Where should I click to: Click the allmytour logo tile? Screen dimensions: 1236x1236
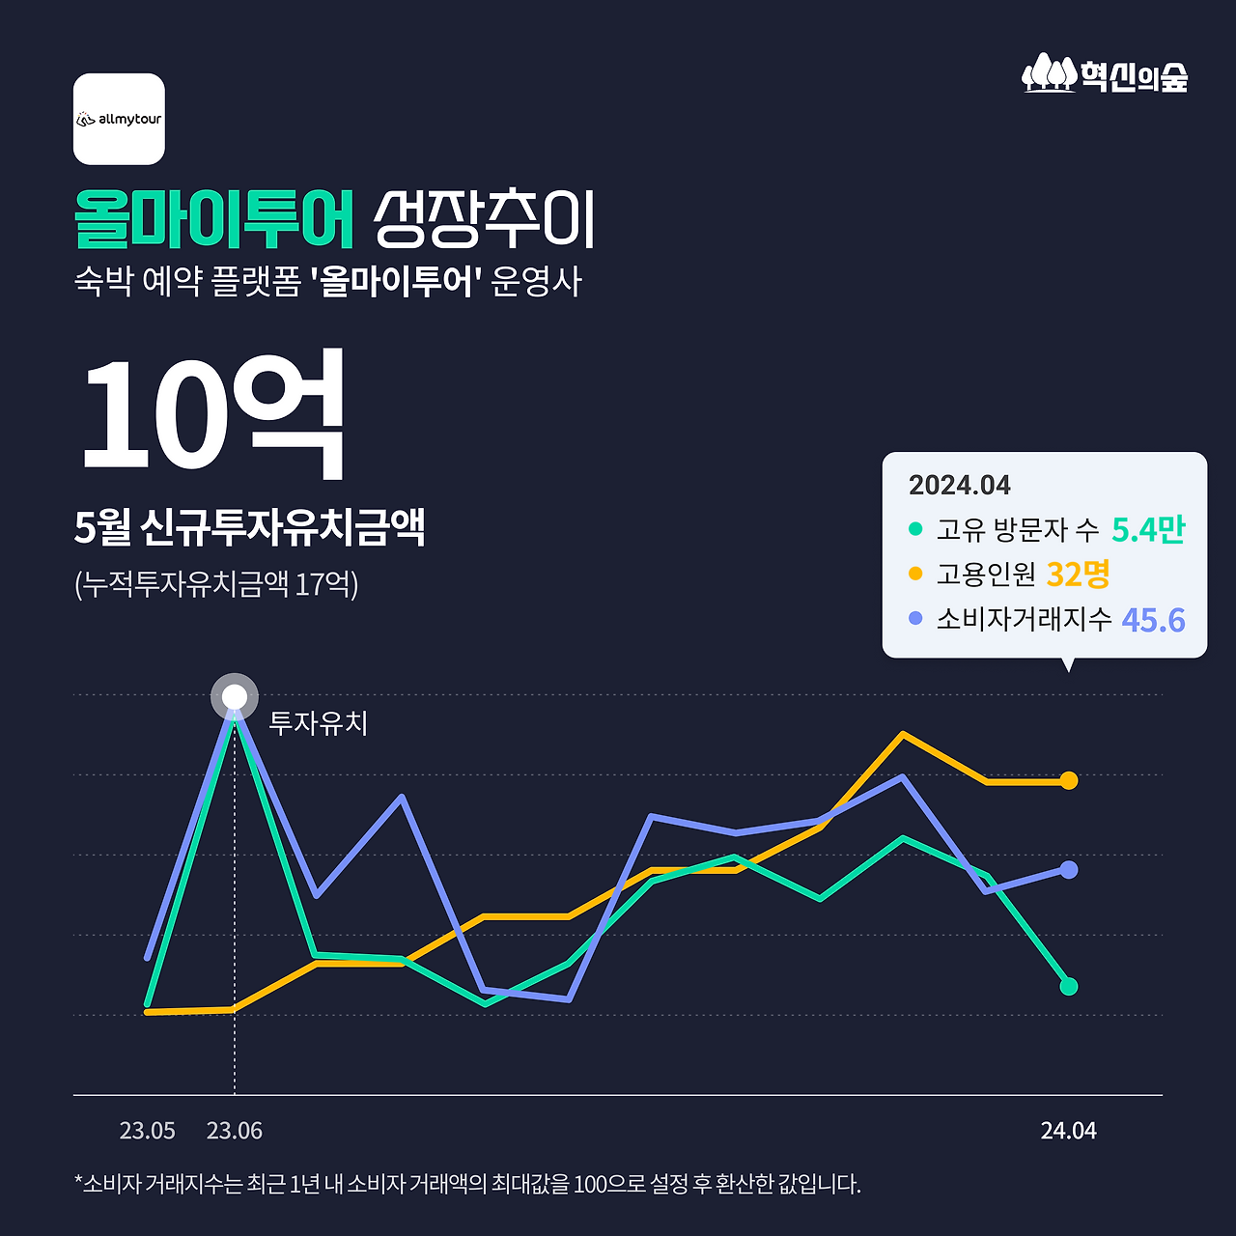(x=119, y=119)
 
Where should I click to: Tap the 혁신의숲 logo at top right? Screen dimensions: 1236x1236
(x=1105, y=74)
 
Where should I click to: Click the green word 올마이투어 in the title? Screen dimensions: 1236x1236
(x=215, y=219)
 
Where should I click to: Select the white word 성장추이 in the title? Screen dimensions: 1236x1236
(x=484, y=219)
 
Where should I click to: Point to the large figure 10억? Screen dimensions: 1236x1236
(x=212, y=413)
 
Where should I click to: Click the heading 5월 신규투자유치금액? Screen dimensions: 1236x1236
(x=249, y=527)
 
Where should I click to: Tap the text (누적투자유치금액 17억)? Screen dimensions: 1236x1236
(x=216, y=584)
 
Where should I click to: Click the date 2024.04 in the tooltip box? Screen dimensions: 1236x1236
(x=959, y=485)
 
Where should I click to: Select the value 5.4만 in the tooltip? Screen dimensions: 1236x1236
(x=1148, y=529)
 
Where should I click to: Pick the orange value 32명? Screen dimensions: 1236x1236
(x=1078, y=575)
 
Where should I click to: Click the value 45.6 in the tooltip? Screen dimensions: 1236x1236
(x=1153, y=620)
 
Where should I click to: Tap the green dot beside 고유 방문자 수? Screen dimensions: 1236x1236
(x=915, y=529)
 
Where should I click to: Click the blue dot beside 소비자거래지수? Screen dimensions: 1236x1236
(x=915, y=618)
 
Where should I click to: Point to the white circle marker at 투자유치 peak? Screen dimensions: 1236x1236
(x=235, y=697)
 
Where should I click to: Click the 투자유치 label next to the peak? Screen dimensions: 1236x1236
(x=318, y=723)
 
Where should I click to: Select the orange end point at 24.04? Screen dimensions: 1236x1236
(x=1068, y=780)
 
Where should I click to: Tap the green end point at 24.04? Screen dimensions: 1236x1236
(x=1068, y=986)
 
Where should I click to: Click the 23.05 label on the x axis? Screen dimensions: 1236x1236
(x=148, y=1131)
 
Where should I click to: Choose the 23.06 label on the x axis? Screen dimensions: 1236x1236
(x=235, y=1131)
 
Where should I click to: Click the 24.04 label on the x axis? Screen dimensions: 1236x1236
(x=1068, y=1131)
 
